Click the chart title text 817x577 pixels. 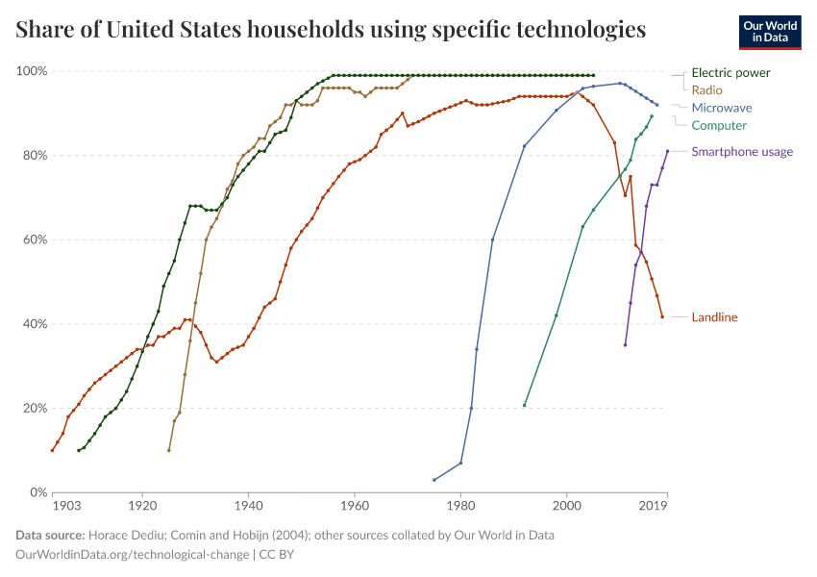tap(331, 30)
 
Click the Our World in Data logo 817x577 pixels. tap(770, 32)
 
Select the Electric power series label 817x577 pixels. tap(730, 72)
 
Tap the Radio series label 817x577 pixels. tap(707, 89)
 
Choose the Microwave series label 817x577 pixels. tap(721, 108)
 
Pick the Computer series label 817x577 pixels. tap(719, 125)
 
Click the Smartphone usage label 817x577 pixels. tap(742, 151)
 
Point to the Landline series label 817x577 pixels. tap(714, 317)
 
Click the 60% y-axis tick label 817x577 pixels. tap(35, 239)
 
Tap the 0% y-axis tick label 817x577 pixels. tap(38, 492)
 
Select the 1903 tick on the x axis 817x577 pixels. tap(65, 504)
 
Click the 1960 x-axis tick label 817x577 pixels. tap(355, 504)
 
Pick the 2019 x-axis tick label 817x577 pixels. tap(654, 504)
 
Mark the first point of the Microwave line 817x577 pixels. tap(434, 480)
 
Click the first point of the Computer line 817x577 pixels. tap(524, 405)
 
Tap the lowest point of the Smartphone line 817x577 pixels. tap(625, 344)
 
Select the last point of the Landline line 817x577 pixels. tap(662, 316)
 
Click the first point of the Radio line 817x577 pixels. tap(169, 450)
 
